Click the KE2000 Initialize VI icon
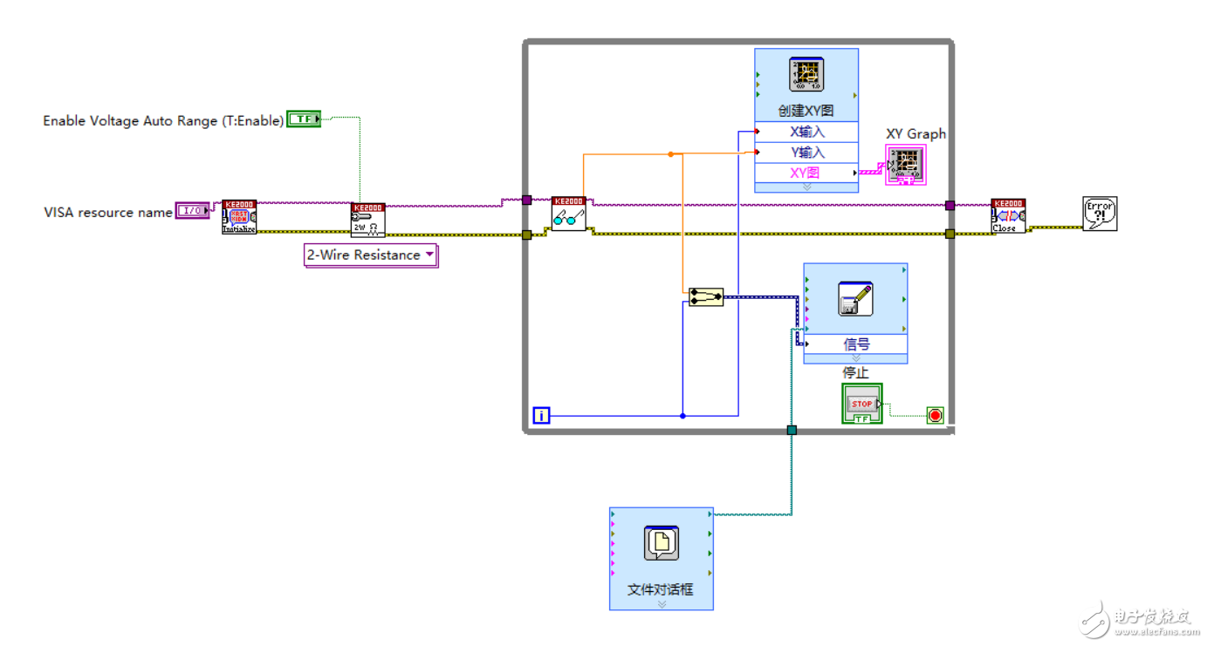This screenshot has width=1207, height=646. pyautogui.click(x=239, y=217)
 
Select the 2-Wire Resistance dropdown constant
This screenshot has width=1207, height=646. pyautogui.click(x=370, y=255)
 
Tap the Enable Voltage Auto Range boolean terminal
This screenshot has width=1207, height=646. pyautogui.click(x=304, y=119)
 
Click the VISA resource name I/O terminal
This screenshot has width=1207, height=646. pyautogui.click(x=193, y=210)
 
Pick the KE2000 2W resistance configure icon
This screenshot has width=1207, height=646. pyautogui.click(x=367, y=221)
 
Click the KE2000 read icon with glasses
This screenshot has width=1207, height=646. pyautogui.click(x=568, y=214)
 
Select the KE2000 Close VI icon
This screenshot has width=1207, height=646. pyautogui.click(x=1008, y=216)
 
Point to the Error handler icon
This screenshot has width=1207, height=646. pyautogui.click(x=1100, y=214)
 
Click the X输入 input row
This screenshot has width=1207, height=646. pyautogui.click(x=806, y=133)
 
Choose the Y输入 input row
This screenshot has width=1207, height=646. pyautogui.click(x=806, y=153)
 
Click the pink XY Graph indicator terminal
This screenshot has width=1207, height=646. pyautogui.click(x=906, y=165)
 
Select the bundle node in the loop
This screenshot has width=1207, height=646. pyautogui.click(x=705, y=297)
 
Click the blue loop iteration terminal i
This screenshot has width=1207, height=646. pyautogui.click(x=542, y=416)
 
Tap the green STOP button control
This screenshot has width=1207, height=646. pyautogui.click(x=862, y=405)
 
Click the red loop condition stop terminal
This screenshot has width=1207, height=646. pyautogui.click(x=935, y=416)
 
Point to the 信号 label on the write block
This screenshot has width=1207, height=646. pyautogui.click(x=855, y=344)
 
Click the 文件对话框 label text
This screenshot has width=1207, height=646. pyautogui.click(x=661, y=589)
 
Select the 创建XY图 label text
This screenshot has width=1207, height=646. pyautogui.click(x=806, y=111)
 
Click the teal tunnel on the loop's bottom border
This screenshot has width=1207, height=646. pyautogui.click(x=792, y=430)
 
